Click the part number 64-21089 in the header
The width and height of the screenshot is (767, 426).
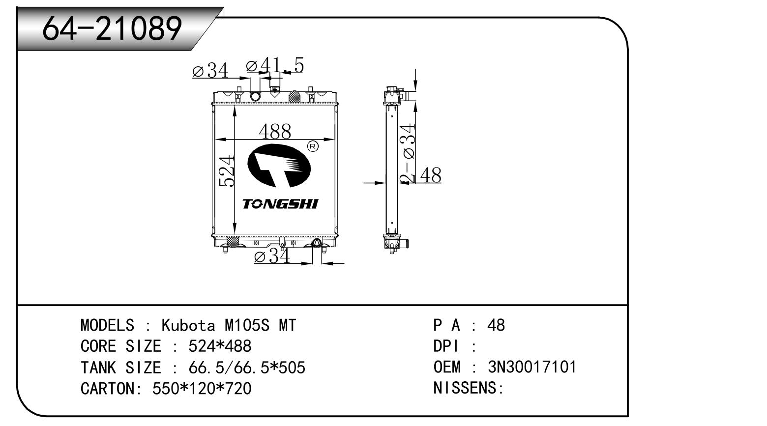[x=112, y=28]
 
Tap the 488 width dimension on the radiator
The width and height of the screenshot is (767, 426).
[x=275, y=131]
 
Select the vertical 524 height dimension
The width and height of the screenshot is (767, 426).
[x=227, y=171]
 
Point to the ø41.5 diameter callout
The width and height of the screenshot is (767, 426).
[x=275, y=65]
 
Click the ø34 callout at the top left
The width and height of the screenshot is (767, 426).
[x=210, y=71]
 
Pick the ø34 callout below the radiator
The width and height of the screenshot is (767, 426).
[x=272, y=256]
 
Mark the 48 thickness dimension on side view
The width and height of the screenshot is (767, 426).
[x=430, y=175]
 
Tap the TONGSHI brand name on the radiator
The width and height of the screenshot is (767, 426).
[x=280, y=204]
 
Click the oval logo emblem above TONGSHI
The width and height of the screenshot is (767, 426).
[x=279, y=166]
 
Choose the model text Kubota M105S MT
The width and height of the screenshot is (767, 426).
[x=229, y=325]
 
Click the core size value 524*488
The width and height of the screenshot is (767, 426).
[x=220, y=346]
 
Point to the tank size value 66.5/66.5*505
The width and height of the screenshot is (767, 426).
[x=246, y=368]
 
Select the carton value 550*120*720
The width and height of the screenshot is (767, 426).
[x=202, y=389]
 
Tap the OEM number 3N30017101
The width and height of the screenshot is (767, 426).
[x=532, y=367]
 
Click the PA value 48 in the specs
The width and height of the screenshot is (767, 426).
[x=496, y=325]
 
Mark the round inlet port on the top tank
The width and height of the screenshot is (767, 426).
[x=255, y=96]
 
